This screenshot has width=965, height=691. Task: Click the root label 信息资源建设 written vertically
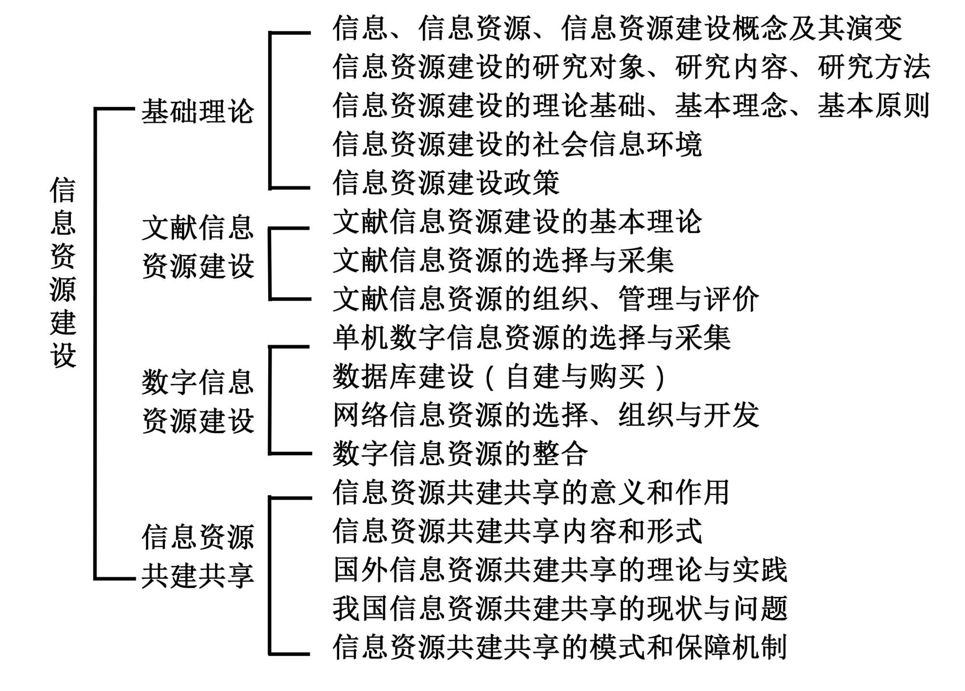(x=63, y=272)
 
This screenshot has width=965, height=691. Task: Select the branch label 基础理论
(x=197, y=111)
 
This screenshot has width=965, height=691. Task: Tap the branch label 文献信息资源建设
(x=197, y=246)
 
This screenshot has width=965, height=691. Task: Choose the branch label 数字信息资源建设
(x=197, y=401)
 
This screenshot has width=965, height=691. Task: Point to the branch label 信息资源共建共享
(x=197, y=556)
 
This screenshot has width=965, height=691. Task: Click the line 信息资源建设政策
(x=446, y=183)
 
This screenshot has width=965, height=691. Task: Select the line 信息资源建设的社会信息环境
(x=517, y=144)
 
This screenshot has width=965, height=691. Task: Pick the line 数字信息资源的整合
(x=461, y=454)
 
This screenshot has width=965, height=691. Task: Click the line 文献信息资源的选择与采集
(x=503, y=260)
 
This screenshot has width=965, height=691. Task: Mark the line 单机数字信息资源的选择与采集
(x=532, y=338)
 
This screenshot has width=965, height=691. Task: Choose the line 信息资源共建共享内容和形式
(x=517, y=531)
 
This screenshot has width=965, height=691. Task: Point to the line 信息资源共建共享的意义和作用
(x=531, y=492)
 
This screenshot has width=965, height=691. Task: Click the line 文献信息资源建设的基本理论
(x=517, y=222)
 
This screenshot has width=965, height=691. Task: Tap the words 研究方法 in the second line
(x=874, y=67)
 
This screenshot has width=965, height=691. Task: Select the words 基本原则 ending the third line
(x=874, y=106)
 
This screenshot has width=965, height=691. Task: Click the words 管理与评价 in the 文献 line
(x=688, y=299)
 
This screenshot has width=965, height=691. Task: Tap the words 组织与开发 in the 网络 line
(x=688, y=415)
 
